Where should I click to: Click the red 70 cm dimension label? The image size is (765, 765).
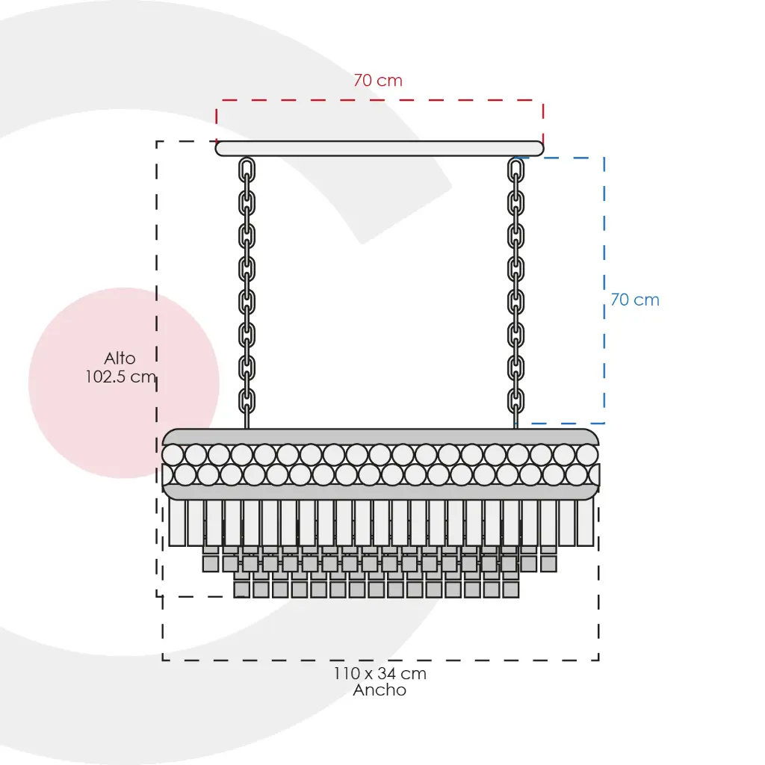pyautogui.click(x=378, y=80)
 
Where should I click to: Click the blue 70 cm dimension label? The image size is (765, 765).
pyautogui.click(x=635, y=300)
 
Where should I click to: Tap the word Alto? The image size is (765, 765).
pyautogui.click(x=120, y=358)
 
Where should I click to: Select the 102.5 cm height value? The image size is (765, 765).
pyautogui.click(x=120, y=377)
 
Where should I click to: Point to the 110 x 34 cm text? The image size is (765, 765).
pyautogui.click(x=380, y=673)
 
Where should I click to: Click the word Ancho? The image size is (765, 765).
pyautogui.click(x=380, y=690)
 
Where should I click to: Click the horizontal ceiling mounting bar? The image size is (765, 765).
pyautogui.click(x=380, y=149)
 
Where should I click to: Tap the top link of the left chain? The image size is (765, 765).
pyautogui.click(x=247, y=170)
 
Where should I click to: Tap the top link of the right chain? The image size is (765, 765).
pyautogui.click(x=515, y=170)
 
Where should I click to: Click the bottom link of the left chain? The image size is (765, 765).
pyautogui.click(x=247, y=401)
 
